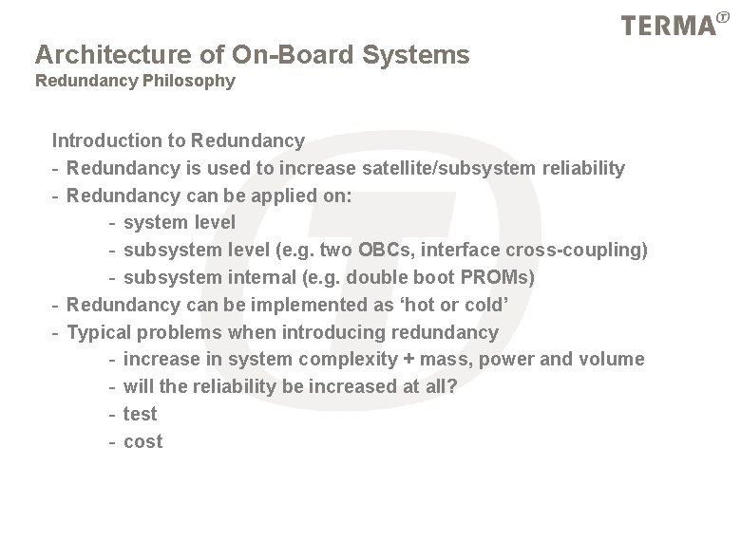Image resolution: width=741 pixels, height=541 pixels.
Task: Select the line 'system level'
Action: tap(180, 222)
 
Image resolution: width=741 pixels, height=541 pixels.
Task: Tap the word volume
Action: tap(614, 359)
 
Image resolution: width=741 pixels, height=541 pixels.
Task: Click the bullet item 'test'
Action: tap(140, 414)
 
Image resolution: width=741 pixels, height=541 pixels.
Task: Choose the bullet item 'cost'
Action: tap(142, 441)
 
